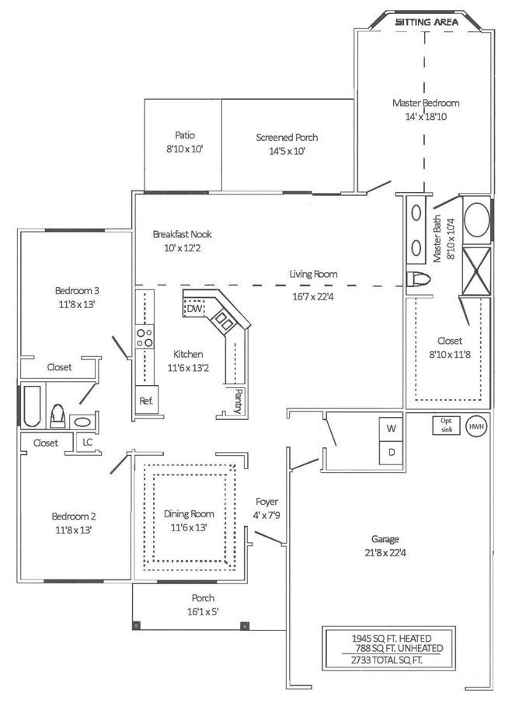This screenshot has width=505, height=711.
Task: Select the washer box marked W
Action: click(x=390, y=429)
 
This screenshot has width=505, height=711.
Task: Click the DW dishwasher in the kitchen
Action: click(x=194, y=309)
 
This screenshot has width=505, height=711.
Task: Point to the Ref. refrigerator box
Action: click(x=146, y=401)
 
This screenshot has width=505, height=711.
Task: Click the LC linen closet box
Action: click(x=88, y=443)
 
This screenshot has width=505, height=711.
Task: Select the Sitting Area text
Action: click(x=427, y=23)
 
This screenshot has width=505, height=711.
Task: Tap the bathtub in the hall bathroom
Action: click(x=31, y=407)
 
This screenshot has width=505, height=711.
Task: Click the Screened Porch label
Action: click(x=287, y=138)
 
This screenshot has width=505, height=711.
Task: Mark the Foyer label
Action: click(x=266, y=502)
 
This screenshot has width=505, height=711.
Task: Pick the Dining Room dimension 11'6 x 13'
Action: click(x=190, y=527)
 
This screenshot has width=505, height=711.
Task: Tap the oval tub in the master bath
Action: click(x=476, y=220)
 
